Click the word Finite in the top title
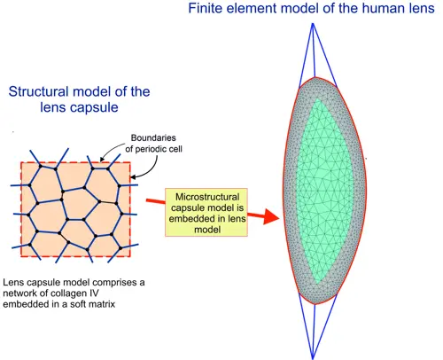pyautogui.click(x=206, y=8)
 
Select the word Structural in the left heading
pyautogui.click(x=37, y=91)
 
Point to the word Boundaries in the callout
pyautogui.click(x=153, y=137)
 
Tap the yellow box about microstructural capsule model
pyautogui.click(x=206, y=213)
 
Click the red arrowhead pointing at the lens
pyautogui.click(x=271, y=216)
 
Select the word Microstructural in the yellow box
pyautogui.click(x=207, y=197)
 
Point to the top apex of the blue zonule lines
pyautogui.click(x=313, y=24)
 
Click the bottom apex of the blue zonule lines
pyautogui.click(x=313, y=358)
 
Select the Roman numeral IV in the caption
pyautogui.click(x=93, y=293)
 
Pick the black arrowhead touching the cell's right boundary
pyautogui.click(x=134, y=177)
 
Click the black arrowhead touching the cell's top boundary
pyautogui.click(x=102, y=160)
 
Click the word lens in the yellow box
pyautogui.click(x=237, y=219)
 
